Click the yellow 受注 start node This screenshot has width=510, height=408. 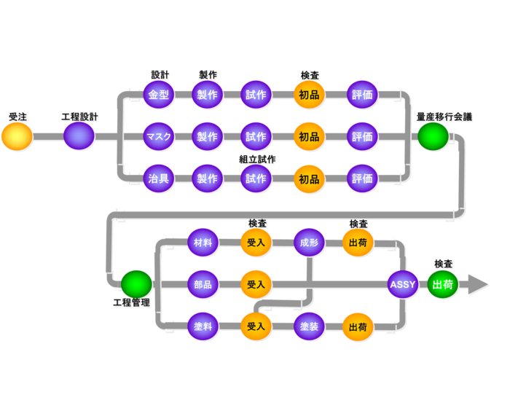click(17, 136)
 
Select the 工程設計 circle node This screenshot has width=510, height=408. click(79, 136)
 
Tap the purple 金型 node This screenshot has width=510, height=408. click(159, 95)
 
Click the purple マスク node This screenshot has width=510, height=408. click(159, 136)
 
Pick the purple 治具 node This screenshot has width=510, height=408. click(159, 178)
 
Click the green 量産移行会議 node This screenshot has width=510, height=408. click(433, 136)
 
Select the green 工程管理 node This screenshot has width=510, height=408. click(136, 284)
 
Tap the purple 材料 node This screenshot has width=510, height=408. click(203, 243)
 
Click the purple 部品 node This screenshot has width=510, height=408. click(203, 284)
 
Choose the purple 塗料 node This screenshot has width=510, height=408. click(203, 326)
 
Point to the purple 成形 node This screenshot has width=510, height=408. click(308, 243)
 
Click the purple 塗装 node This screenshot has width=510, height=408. click(308, 326)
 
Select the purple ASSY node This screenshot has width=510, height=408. click(403, 284)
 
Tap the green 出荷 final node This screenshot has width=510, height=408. click(443, 284)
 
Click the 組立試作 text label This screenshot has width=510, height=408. click(257, 160)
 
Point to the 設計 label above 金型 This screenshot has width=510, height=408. click(160, 75)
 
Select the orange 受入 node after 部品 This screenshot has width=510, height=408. click(256, 284)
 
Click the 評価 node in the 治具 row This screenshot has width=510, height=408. click(362, 178)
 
